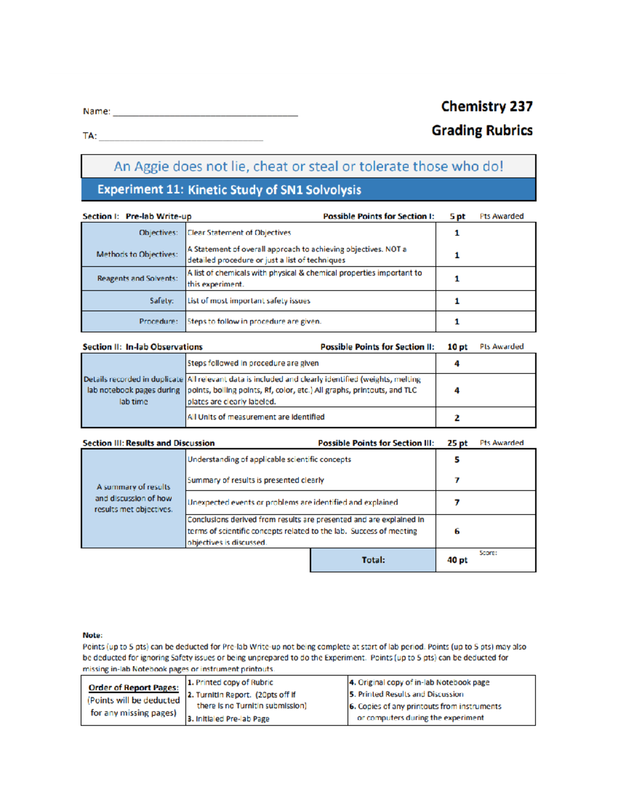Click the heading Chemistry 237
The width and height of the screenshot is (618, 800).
click(x=486, y=107)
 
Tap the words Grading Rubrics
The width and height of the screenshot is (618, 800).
click(x=482, y=130)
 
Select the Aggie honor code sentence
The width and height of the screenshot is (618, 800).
click(x=308, y=166)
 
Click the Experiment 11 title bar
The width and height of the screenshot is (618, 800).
click(x=308, y=190)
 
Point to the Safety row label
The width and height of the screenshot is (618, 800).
click(x=161, y=301)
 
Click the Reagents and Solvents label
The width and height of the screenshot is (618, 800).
click(x=137, y=279)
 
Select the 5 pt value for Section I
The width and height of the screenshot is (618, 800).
click(x=457, y=216)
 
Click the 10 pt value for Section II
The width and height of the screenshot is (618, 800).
click(x=457, y=347)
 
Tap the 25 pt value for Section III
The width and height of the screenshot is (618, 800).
click(x=457, y=443)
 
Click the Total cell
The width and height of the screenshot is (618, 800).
click(x=373, y=560)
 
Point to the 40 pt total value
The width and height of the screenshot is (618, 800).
click(x=457, y=560)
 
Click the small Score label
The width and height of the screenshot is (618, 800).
click(x=488, y=553)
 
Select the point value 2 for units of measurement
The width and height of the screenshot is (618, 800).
click(x=457, y=418)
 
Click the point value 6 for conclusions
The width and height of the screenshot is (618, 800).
click(x=457, y=531)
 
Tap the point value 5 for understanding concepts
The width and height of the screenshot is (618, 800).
click(x=457, y=459)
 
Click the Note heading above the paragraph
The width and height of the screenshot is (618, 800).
click(x=92, y=635)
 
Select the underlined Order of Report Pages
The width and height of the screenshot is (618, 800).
click(x=133, y=688)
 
